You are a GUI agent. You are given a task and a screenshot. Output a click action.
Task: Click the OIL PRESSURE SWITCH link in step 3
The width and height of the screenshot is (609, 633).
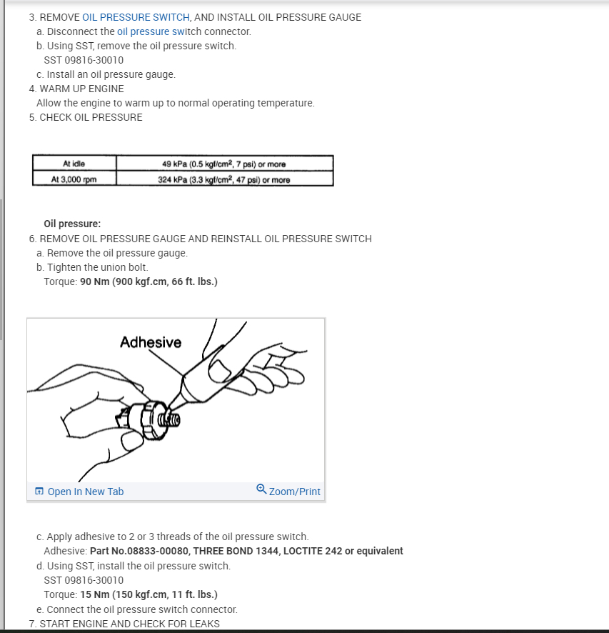[136, 17]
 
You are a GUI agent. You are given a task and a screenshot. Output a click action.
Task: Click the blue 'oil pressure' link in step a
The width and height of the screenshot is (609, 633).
[144, 31]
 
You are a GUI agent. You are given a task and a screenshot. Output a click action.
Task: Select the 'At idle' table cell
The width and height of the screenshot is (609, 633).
[74, 164]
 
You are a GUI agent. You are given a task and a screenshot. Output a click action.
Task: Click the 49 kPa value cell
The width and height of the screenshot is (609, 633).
[224, 164]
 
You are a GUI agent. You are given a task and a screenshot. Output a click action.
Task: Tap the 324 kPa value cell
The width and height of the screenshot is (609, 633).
[224, 179]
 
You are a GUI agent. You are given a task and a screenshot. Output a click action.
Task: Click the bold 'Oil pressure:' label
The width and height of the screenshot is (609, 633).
[72, 224]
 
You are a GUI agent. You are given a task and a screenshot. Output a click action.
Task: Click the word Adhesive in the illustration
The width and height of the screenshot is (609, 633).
[151, 343]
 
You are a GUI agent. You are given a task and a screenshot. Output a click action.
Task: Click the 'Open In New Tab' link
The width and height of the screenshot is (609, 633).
[85, 492]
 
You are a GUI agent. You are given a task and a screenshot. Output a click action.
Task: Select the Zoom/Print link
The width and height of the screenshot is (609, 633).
[294, 492]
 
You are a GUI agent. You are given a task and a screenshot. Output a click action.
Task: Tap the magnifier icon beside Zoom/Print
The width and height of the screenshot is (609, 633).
[261, 489]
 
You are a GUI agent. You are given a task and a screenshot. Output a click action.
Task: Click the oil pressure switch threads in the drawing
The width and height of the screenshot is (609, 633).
[171, 418]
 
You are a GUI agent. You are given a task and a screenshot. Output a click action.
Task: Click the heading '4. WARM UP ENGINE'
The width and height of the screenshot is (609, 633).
[76, 89]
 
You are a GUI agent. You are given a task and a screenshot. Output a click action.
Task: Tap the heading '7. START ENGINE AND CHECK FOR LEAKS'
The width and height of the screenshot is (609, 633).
[124, 624]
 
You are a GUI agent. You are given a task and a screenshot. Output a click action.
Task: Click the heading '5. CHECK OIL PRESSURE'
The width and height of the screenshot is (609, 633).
[86, 117]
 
